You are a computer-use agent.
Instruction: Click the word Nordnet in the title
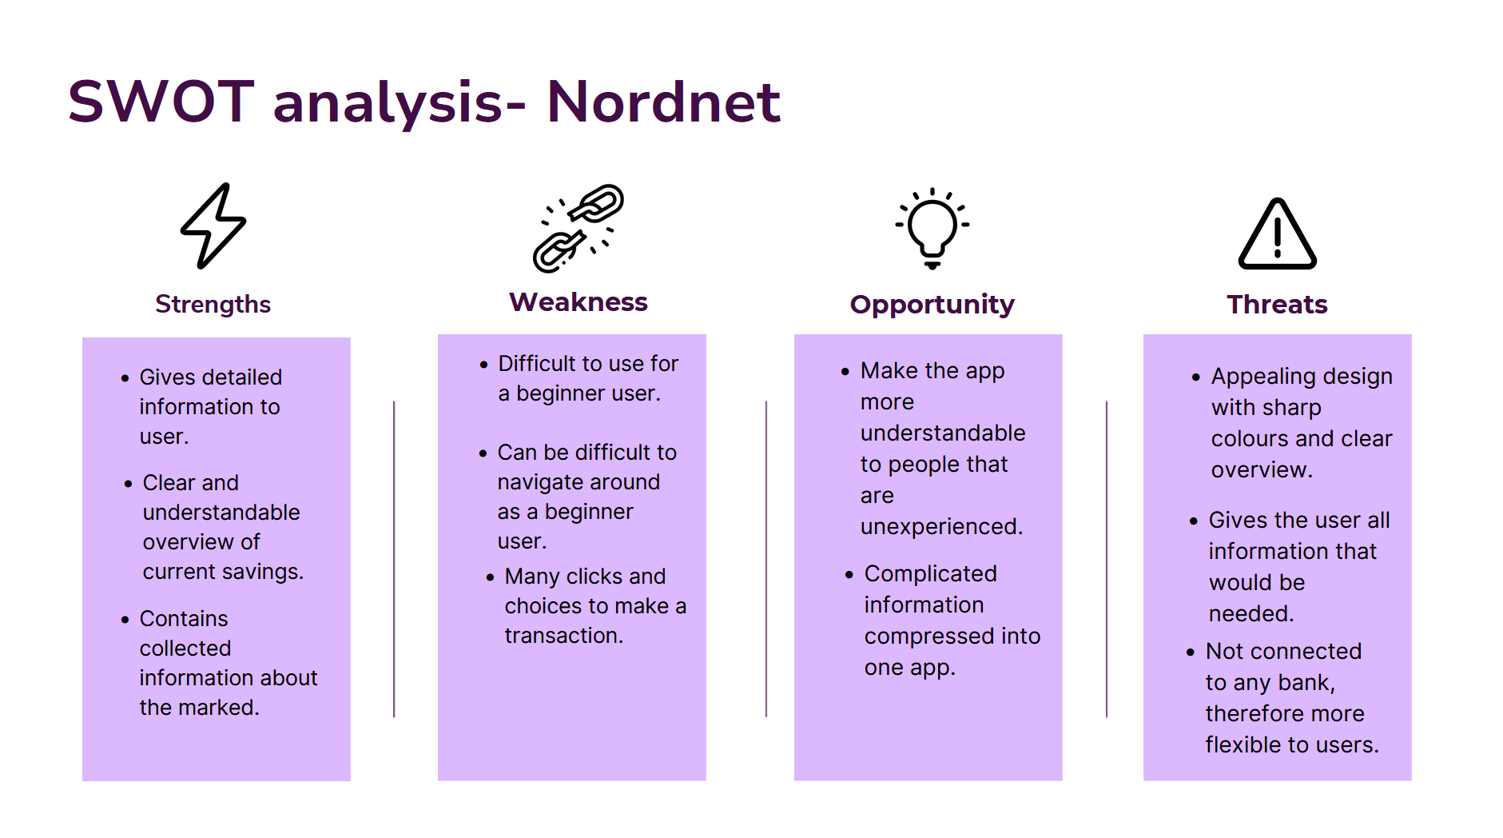(662, 102)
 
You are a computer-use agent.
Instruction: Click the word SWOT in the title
(161, 102)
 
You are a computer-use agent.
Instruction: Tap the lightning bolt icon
(213, 225)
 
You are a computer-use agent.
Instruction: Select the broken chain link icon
(579, 228)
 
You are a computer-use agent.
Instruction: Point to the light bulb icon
(932, 228)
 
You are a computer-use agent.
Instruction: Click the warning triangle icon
(1277, 234)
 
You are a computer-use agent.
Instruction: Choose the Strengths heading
(213, 304)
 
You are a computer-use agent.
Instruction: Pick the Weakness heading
(579, 302)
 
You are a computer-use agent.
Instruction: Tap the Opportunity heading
(932, 304)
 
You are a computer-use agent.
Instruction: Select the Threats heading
(1277, 304)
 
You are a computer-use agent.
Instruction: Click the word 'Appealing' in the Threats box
(1262, 377)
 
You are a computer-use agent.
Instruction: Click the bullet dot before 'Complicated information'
(849, 575)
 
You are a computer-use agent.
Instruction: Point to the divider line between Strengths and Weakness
(394, 560)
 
